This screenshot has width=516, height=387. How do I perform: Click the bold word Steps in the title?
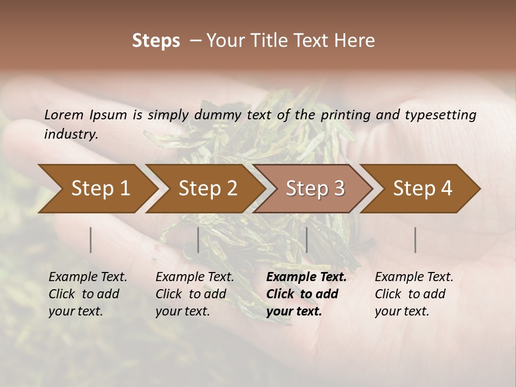pyautogui.click(x=156, y=41)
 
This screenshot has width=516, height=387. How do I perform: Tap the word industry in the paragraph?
pyautogui.click(x=71, y=134)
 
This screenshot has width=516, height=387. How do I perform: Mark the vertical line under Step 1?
pyautogui.click(x=90, y=240)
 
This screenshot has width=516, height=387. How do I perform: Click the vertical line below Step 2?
pyautogui.click(x=198, y=240)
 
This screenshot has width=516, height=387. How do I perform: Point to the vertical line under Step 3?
pyautogui.click(x=306, y=240)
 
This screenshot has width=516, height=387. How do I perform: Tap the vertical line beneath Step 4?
pyautogui.click(x=415, y=240)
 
